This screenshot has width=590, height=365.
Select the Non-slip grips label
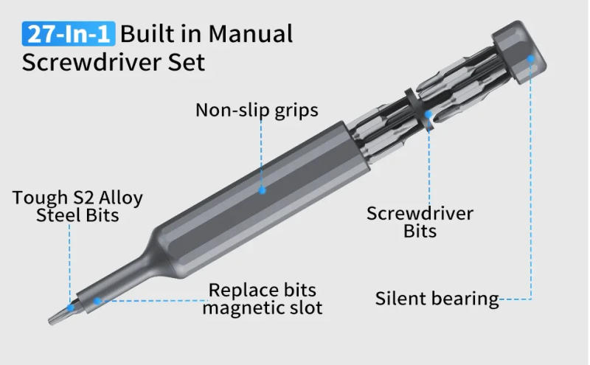coord(257,111)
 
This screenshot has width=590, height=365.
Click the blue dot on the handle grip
coord(261,190)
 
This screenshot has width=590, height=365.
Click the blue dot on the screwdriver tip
coord(71,306)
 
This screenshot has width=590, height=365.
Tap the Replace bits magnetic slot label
coord(263,299)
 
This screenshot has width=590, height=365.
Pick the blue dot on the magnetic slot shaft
coord(97,299)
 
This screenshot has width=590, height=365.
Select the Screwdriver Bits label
coord(420,222)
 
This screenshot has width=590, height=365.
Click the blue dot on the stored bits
coord(428,114)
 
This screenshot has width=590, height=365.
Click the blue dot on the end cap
coord(530,56)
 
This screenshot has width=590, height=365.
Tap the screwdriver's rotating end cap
coord(516,52)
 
